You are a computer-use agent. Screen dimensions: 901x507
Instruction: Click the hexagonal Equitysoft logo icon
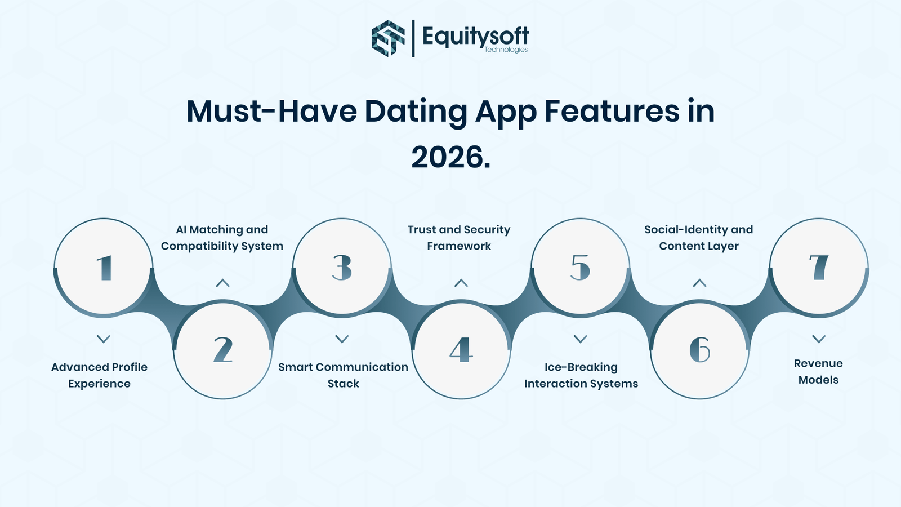[388, 38]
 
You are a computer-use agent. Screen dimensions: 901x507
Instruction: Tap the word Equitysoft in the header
[475, 37]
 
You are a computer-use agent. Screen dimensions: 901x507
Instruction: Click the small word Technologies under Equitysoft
[506, 50]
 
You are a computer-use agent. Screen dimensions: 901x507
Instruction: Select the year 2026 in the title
[450, 157]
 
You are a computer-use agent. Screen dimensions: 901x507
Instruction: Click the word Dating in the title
[416, 112]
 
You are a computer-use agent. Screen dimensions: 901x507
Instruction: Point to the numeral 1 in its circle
[104, 268]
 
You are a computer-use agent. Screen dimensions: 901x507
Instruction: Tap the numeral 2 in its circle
[223, 350]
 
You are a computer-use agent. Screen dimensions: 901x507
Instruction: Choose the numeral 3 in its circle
[342, 268]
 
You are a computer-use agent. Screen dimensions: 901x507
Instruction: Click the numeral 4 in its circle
[461, 350]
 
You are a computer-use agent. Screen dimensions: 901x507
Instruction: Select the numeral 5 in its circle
[581, 268]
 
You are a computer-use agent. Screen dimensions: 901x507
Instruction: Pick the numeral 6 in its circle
[699, 350]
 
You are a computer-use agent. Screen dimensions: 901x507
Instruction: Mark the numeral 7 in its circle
[819, 268]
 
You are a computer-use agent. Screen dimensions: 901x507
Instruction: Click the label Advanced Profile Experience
[99, 375]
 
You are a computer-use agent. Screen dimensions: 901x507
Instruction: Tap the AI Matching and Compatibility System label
[222, 237]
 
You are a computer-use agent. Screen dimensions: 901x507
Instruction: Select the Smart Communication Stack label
[343, 375]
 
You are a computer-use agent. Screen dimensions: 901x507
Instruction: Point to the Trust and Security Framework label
[459, 237]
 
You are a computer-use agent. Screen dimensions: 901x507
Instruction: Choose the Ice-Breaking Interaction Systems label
[581, 375]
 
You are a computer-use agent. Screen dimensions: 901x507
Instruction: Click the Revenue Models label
[818, 371]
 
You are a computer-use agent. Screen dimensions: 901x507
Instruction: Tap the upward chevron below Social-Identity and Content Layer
[699, 283]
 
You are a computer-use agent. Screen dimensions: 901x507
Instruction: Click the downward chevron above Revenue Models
[819, 339]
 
